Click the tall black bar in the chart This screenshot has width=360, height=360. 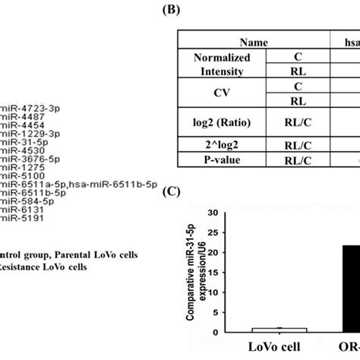pyautogui.click(x=338, y=289)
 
